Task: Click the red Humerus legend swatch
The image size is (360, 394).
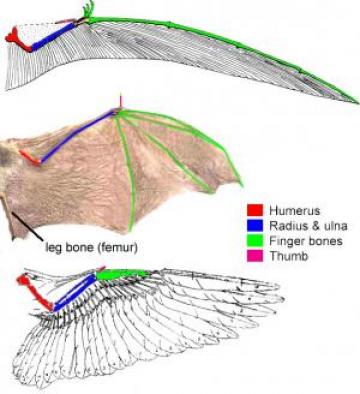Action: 255,210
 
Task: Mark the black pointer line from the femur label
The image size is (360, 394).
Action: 26,223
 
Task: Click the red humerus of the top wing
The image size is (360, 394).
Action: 19,37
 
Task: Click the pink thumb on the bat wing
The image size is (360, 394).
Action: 121,103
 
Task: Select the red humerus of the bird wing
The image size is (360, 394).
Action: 38,295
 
